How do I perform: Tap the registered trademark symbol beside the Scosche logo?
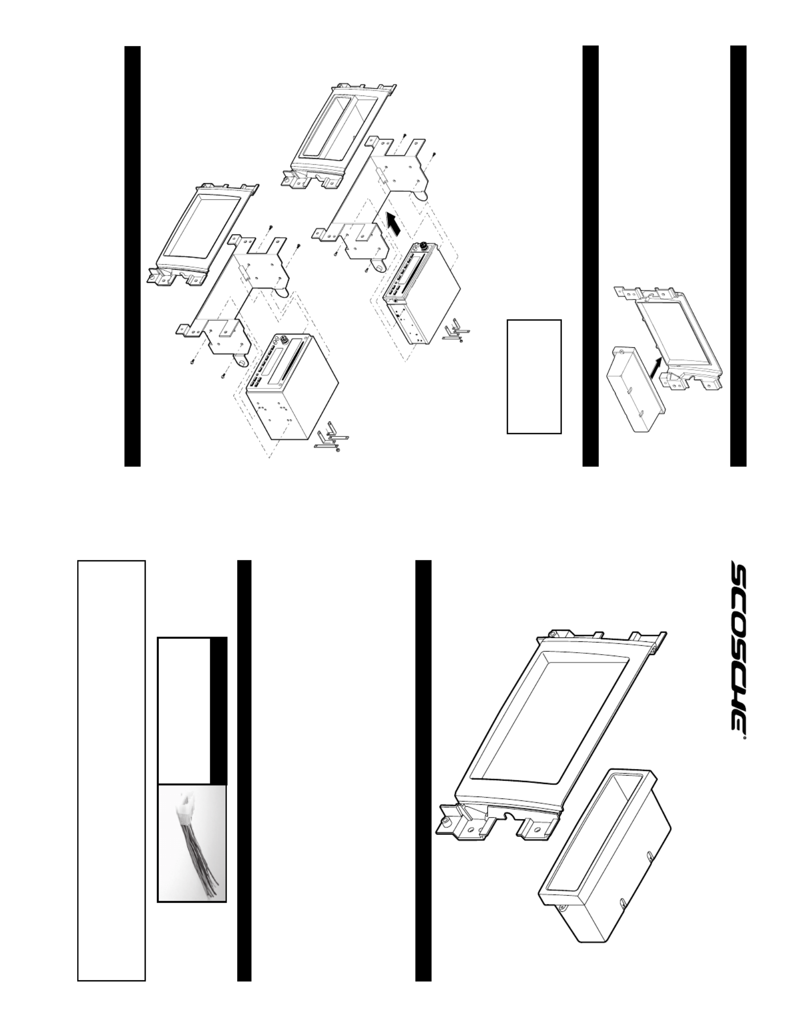pos(744,747)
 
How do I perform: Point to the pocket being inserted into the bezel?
pos(634,389)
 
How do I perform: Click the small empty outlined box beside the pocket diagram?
pos(534,376)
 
